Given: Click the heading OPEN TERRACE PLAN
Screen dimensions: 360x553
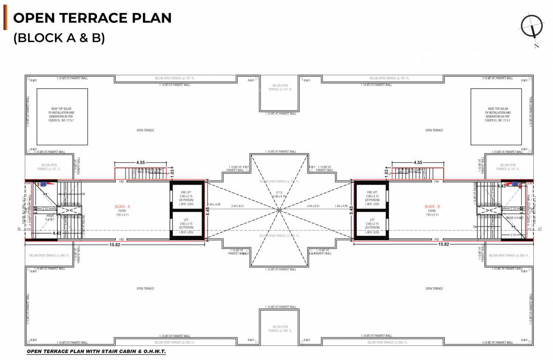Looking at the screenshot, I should click(x=92, y=18).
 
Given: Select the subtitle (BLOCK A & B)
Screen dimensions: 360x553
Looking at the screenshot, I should click(x=59, y=37).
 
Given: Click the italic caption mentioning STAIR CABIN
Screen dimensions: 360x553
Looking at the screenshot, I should click(x=96, y=351).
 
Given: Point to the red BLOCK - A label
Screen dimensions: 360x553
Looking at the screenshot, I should click(x=122, y=207).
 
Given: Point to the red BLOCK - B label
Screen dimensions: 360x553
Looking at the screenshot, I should click(x=432, y=207).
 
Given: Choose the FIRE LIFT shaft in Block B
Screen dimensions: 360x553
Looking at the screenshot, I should click(x=372, y=196).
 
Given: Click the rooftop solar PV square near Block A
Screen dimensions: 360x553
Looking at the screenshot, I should click(x=62, y=117).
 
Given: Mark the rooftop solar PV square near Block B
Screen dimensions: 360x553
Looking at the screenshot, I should click(x=496, y=117).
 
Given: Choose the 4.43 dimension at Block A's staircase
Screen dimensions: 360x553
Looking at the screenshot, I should click(x=57, y=233).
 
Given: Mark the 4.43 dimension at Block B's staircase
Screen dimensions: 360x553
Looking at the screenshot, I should click(x=501, y=186).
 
